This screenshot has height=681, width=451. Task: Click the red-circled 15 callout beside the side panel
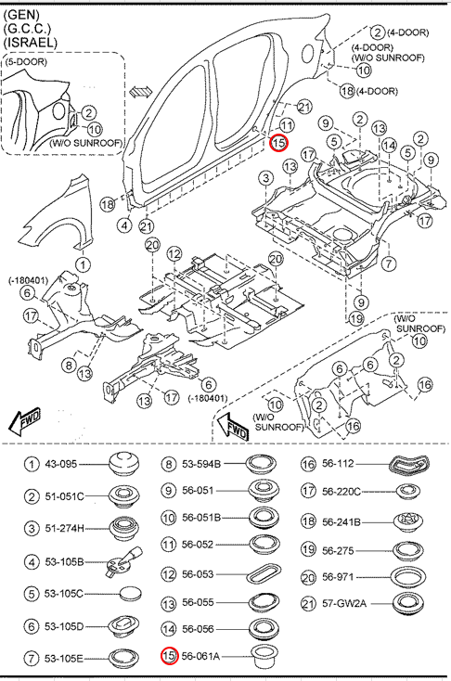(x=278, y=143)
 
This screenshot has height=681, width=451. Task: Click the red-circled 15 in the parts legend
(x=169, y=656)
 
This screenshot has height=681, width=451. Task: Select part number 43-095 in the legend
(x=61, y=464)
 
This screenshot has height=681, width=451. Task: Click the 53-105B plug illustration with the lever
(x=123, y=562)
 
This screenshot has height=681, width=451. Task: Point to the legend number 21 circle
(x=307, y=603)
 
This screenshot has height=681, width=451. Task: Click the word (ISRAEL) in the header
(x=30, y=42)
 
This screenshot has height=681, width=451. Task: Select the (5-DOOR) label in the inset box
(x=26, y=61)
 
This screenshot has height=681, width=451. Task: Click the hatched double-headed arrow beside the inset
(x=141, y=92)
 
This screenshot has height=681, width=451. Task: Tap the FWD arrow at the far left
(x=24, y=421)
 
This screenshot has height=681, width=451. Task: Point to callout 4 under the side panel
(x=124, y=225)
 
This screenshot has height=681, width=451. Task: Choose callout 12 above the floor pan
(x=174, y=253)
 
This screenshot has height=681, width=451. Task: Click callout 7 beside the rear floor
(x=389, y=263)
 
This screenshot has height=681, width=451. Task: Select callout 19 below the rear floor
(x=356, y=319)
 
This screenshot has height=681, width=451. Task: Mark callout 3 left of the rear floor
(x=266, y=178)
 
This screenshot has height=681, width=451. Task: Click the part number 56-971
(x=338, y=577)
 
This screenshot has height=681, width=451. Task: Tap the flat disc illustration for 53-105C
(x=130, y=594)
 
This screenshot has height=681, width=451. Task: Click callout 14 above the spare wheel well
(x=389, y=146)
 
